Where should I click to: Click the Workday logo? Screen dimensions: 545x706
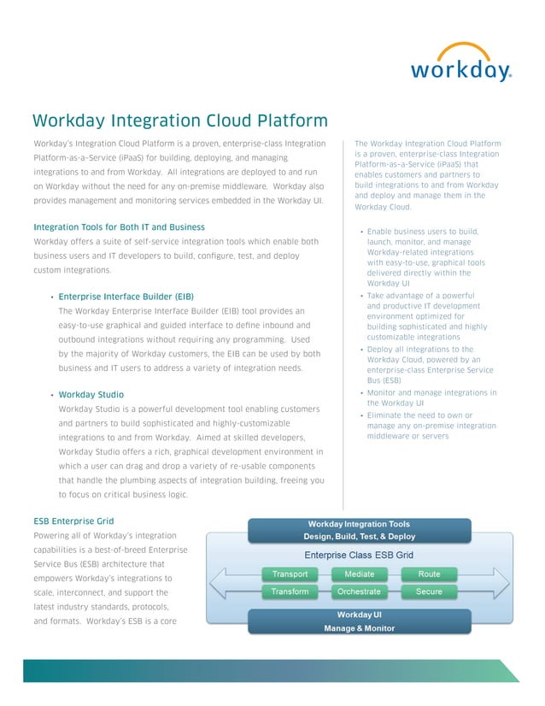(x=460, y=63)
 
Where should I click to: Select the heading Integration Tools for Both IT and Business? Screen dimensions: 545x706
(x=119, y=227)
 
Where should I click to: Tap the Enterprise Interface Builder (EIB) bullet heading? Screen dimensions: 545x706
(x=126, y=296)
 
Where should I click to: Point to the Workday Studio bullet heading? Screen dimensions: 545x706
(x=91, y=394)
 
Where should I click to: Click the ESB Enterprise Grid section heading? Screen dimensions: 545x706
(x=73, y=521)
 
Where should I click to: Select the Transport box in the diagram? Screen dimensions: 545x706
(x=290, y=574)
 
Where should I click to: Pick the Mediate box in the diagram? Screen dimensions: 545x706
(x=359, y=574)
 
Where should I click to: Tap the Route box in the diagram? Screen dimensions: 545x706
(x=429, y=574)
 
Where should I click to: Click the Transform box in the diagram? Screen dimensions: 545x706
(x=290, y=591)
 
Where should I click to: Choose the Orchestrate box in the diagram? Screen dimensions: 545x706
(x=359, y=591)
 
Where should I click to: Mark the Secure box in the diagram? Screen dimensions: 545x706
(x=429, y=591)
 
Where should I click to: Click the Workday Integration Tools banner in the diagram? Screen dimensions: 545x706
(x=359, y=530)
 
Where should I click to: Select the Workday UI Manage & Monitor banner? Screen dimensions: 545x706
(x=359, y=621)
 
